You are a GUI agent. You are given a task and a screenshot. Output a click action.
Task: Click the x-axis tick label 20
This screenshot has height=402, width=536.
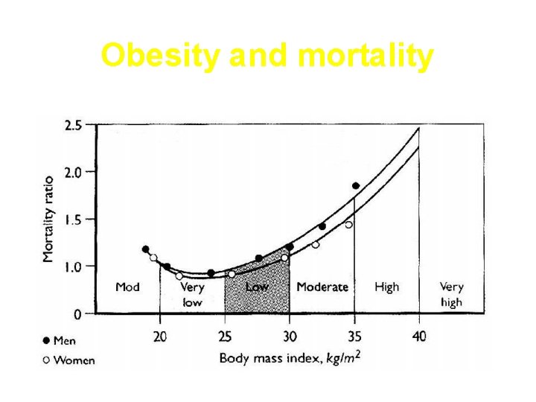(x=160, y=336)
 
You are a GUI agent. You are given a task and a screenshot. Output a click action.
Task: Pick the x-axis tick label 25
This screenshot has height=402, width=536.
(x=225, y=336)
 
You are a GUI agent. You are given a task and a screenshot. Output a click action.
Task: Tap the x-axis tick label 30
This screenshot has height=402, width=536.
(x=290, y=336)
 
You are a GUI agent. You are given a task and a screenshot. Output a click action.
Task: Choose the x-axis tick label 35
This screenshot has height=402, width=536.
(x=354, y=336)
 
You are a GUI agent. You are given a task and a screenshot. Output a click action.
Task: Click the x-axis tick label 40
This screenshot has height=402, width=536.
(x=419, y=336)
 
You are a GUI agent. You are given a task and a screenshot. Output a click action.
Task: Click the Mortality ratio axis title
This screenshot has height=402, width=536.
(x=48, y=219)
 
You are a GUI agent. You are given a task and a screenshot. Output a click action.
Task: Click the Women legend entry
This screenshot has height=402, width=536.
(x=69, y=360)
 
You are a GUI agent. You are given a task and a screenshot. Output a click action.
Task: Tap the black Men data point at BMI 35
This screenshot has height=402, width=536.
(x=356, y=185)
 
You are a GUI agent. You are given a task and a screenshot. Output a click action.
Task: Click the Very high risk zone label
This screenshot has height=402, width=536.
(x=451, y=295)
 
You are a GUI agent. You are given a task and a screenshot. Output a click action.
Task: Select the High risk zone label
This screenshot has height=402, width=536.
(x=387, y=287)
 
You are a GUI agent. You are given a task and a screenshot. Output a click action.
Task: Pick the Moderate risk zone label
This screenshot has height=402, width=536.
(x=322, y=287)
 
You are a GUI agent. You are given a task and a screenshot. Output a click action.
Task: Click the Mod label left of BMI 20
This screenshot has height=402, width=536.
(x=127, y=287)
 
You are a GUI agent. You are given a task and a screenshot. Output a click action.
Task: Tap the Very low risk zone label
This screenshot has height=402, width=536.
(x=192, y=295)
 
